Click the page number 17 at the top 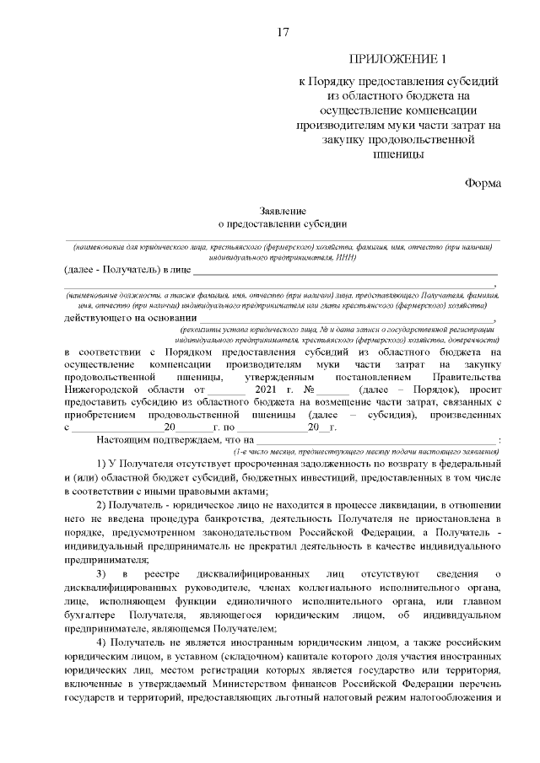(283, 33)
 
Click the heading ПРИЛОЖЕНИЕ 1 (397, 59)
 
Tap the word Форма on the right (482, 183)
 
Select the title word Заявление (282, 211)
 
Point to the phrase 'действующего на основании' (123, 318)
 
